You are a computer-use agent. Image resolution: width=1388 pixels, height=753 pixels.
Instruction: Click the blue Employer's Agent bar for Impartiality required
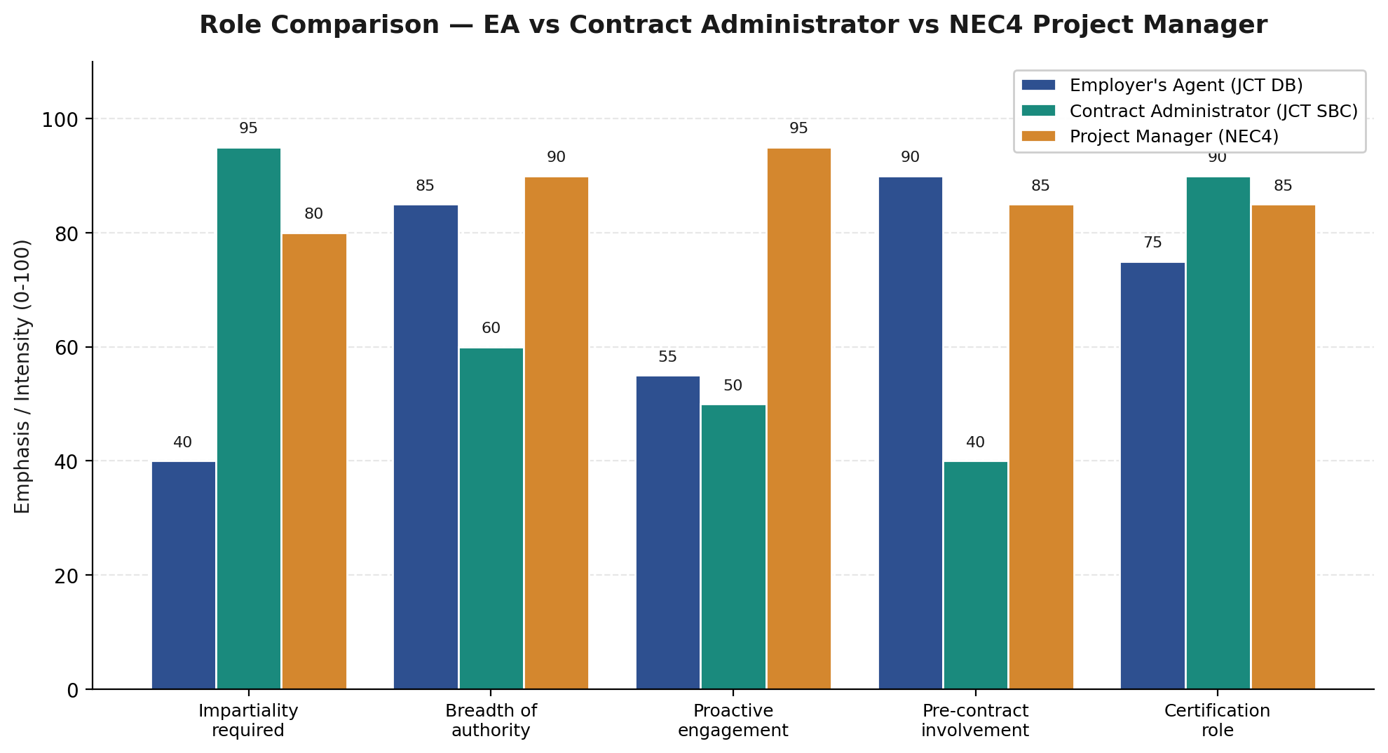[183, 575]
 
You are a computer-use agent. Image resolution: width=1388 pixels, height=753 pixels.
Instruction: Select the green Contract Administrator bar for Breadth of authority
[491, 519]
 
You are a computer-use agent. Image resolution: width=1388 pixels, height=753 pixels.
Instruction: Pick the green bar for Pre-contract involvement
[975, 575]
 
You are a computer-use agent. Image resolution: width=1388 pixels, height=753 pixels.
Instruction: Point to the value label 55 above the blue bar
[667, 358]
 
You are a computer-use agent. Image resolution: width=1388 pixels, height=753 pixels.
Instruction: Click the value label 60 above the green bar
[491, 329]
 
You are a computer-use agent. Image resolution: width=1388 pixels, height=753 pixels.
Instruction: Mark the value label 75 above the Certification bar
[1152, 243]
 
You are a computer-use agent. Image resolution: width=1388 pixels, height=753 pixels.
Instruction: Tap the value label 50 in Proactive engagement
[733, 386]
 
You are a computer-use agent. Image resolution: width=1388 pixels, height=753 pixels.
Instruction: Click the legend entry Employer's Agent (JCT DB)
[1185, 86]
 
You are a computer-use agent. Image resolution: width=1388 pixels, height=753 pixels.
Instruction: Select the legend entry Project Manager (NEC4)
[1173, 137]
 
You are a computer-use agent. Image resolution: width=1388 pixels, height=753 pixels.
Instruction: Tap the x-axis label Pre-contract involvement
[975, 721]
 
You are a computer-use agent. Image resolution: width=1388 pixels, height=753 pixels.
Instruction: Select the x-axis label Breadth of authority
[491, 721]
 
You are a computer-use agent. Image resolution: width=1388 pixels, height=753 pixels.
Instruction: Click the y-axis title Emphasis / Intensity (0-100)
[22, 376]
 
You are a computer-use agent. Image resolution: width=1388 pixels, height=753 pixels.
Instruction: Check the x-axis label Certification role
[1217, 721]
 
